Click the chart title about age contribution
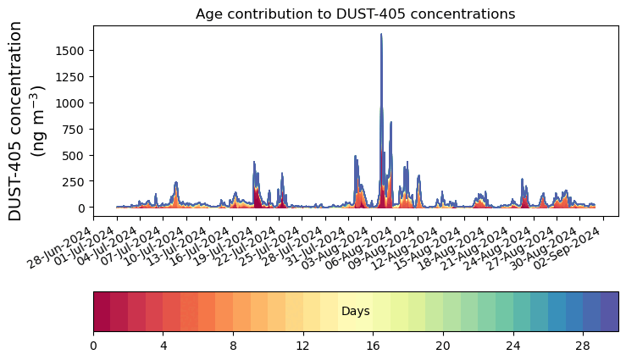(355, 14)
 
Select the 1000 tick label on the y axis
(69, 103)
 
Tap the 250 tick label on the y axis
(74, 181)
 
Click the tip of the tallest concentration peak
(381, 35)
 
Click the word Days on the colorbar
(355, 312)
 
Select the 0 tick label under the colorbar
(93, 346)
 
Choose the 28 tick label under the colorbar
(583, 346)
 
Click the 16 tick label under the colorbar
(373, 346)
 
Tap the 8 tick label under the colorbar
(233, 346)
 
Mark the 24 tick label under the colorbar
(512, 346)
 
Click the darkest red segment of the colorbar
(102, 312)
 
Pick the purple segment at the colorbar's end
(609, 312)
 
